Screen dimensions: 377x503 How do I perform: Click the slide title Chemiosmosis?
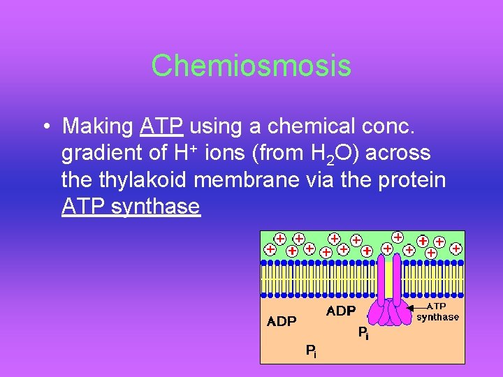pyautogui.click(x=251, y=66)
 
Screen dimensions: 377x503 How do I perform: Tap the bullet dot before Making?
pyautogui.click(x=44, y=127)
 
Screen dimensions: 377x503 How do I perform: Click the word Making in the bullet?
pyautogui.click(x=98, y=127)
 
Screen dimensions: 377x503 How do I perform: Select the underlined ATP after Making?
pyautogui.click(x=161, y=126)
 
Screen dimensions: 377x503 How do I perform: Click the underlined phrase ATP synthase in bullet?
pyautogui.click(x=131, y=206)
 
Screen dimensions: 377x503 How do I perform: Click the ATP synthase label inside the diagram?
pyautogui.click(x=438, y=312)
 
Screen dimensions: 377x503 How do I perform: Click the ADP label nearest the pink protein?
pyautogui.click(x=341, y=311)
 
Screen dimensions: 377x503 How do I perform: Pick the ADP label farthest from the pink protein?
pyautogui.click(x=282, y=322)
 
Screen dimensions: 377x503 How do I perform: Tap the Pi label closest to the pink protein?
pyautogui.click(x=363, y=334)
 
